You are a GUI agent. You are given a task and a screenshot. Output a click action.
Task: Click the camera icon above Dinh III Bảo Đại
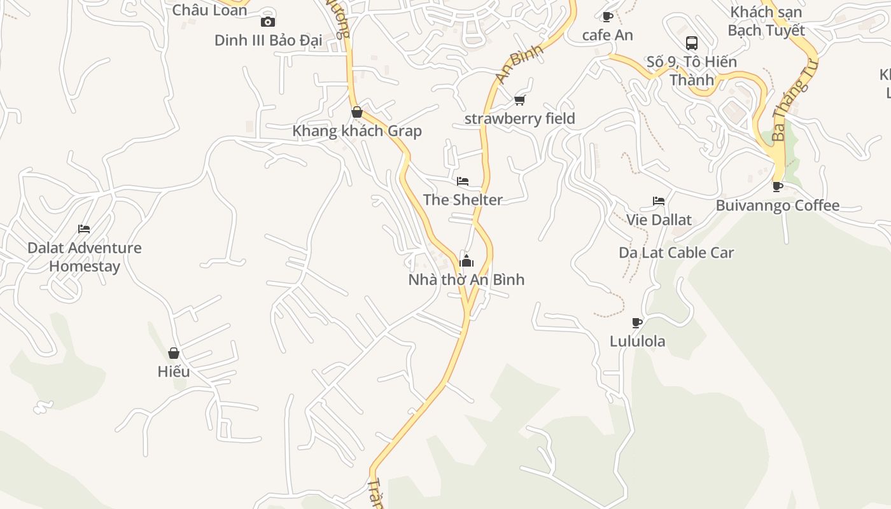pos(267,22)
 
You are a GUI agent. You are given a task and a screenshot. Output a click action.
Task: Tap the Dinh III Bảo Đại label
pos(269,40)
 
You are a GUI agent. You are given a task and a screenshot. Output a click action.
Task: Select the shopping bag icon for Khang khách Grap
pos(357,113)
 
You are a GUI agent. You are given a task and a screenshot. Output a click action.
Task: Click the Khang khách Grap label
pos(357,131)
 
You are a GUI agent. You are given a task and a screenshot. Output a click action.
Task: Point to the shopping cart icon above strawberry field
pos(520,100)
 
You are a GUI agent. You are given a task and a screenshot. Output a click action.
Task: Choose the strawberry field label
pos(520,118)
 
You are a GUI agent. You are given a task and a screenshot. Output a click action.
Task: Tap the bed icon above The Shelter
pos(463,181)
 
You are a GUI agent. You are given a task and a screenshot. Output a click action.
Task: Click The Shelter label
pos(463,200)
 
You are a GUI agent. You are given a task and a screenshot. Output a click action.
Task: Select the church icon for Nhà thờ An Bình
pos(467,261)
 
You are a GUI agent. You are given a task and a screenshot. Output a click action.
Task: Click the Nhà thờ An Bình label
pos(467,279)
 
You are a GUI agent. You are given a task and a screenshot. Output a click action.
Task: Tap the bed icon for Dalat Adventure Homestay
pos(84,229)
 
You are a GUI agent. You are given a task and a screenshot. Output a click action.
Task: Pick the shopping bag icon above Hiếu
pos(174,353)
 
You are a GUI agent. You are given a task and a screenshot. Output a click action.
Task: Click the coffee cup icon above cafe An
pos(607,17)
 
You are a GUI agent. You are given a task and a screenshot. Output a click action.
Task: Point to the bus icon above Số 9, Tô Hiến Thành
pos(692,43)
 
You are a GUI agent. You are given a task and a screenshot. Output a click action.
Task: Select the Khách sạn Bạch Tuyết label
pos(766,21)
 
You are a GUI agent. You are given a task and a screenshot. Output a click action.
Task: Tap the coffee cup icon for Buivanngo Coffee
pos(777,186)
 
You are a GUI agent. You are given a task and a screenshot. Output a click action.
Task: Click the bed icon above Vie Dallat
pos(659,201)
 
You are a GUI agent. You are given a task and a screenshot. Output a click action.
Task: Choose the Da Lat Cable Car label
pos(677,253)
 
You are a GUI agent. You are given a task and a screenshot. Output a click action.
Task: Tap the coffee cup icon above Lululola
pos(637,323)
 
